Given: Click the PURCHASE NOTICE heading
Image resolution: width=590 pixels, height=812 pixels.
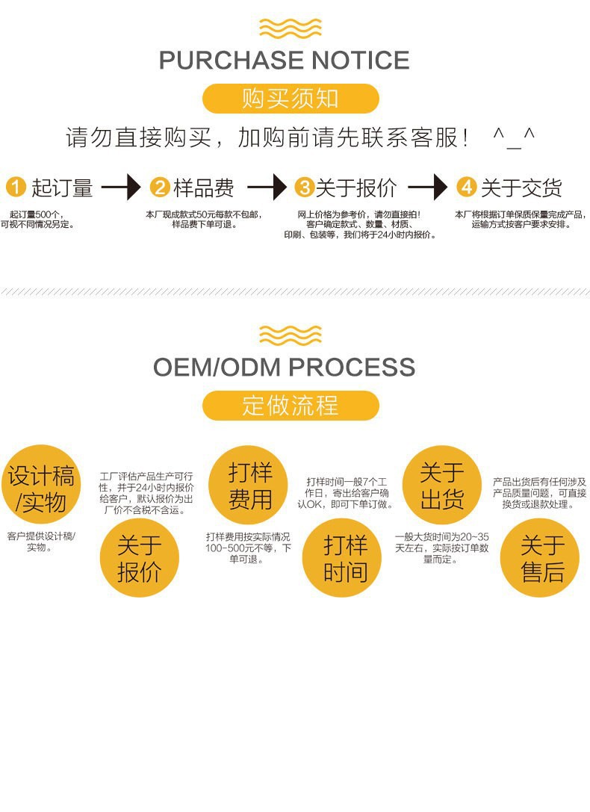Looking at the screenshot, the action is point(284,60).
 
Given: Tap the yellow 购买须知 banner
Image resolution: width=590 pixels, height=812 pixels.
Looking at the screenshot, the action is point(291,99).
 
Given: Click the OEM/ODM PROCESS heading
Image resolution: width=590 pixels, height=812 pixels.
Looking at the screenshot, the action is point(284,367).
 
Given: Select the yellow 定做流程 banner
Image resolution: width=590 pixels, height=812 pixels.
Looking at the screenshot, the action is point(291,406).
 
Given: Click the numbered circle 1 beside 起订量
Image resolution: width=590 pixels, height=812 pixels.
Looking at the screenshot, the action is point(16,187).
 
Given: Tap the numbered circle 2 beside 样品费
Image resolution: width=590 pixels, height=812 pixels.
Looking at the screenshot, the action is point(160,187).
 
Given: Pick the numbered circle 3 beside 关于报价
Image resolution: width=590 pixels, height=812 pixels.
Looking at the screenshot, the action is point(303,187).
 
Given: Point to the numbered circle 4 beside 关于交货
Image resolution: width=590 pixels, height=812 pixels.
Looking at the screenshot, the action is point(466,187).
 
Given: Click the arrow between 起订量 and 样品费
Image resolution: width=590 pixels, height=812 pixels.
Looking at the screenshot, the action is point(121,187).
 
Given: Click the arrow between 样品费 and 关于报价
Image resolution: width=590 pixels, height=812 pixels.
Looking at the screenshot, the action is point(267,187).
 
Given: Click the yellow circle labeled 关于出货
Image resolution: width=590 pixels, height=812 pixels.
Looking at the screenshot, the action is point(441,485).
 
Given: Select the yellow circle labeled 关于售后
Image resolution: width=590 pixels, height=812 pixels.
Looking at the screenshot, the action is point(539,558).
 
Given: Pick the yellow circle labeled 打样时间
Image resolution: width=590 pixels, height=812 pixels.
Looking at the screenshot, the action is point(341,558).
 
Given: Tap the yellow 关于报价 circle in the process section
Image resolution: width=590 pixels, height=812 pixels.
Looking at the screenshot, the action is point(139,558).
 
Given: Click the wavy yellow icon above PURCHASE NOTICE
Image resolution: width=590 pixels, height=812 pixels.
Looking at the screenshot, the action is point(291,28).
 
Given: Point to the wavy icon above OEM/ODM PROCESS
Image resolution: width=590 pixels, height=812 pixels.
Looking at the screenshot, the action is point(291,335).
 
